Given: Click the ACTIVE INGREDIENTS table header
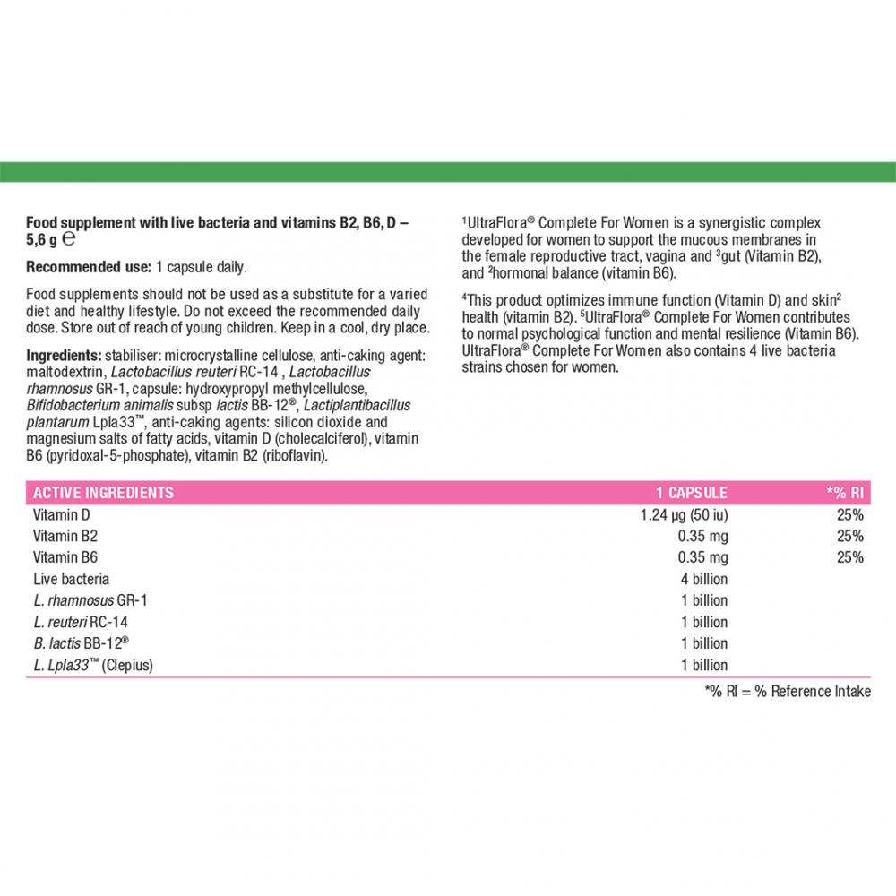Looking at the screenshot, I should [103, 493].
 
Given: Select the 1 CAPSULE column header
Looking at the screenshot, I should [691, 493].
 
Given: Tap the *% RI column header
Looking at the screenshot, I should [844, 493].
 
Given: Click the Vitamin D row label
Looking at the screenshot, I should [62, 515].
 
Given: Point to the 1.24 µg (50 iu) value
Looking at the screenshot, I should [684, 515].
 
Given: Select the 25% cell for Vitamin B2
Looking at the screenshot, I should [850, 537].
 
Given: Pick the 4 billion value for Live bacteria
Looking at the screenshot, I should [704, 579].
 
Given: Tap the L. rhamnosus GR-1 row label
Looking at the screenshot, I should [79, 600].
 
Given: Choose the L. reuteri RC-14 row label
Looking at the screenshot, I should [75, 622].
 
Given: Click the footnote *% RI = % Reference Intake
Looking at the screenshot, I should [788, 691].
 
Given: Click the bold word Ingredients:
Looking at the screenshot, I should [65, 355].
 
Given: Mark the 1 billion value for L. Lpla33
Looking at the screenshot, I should [704, 665].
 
